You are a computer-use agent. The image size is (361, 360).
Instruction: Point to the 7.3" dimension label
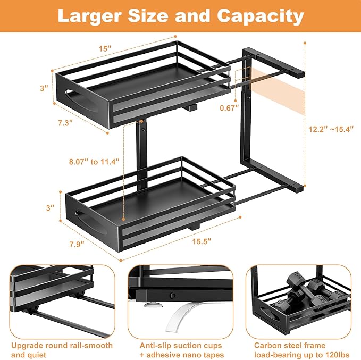pyautogui.click(x=64, y=122)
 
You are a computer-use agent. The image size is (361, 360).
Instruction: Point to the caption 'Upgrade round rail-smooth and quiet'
pyautogui.click(x=62, y=350)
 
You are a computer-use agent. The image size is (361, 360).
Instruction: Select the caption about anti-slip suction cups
pyautogui.click(x=181, y=350)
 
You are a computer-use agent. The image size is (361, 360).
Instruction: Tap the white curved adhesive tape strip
pyautogui.click(x=183, y=319)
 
